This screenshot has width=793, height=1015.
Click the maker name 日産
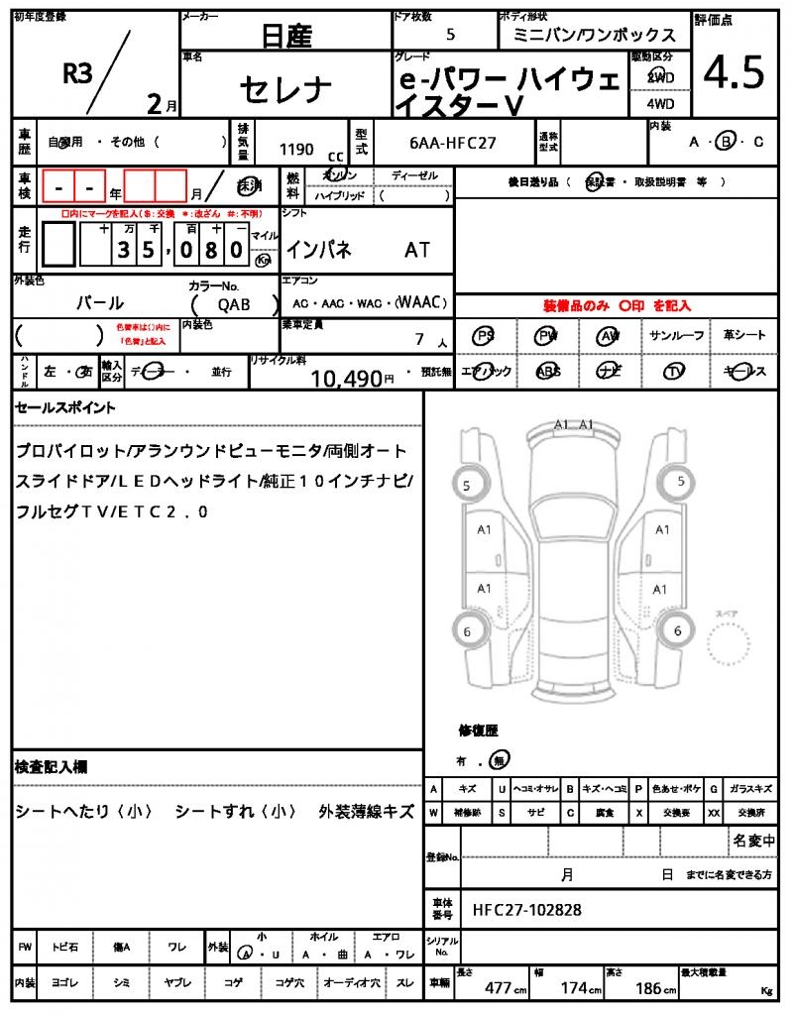tap(286, 37)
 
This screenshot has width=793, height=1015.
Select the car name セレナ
tap(285, 88)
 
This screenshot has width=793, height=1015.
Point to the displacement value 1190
tap(296, 150)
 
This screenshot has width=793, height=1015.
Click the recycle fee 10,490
tap(346, 378)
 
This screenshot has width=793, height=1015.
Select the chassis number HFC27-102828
tap(527, 909)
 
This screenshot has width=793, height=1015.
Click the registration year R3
tap(78, 73)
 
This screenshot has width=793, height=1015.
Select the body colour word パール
tap(100, 302)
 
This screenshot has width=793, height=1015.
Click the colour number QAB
tap(235, 305)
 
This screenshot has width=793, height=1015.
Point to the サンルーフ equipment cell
tap(677, 336)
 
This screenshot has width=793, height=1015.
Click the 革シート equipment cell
tap(743, 336)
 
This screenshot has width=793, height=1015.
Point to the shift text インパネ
tap(318, 250)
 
